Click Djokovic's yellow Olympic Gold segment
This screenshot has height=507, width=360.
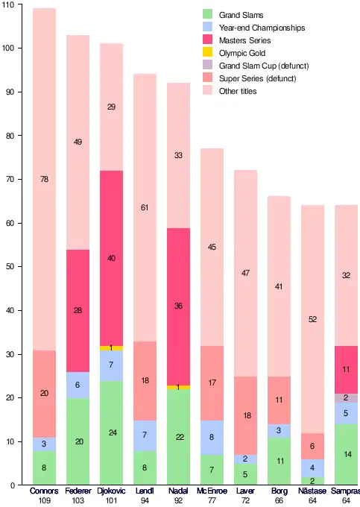112,348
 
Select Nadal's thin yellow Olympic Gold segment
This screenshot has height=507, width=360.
178,388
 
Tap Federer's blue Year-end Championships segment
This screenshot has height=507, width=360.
78,385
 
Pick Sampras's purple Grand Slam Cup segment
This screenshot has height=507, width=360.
346,398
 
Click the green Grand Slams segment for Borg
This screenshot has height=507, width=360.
280,461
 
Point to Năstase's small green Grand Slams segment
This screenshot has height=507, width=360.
313,481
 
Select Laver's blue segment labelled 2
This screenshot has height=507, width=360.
246,459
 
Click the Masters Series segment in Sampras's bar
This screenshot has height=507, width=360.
346,370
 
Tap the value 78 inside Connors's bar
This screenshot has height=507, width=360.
44,179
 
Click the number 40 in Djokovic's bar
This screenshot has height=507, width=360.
111,258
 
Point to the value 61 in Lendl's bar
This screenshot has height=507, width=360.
145,207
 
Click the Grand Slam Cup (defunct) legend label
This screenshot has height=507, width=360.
264,66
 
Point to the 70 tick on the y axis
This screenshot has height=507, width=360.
10,179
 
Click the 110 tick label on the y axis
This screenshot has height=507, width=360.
8,5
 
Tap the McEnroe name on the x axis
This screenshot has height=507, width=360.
212,491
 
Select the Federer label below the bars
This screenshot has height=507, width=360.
78,491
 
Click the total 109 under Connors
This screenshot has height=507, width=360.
44,500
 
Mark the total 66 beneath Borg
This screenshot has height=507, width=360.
280,500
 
